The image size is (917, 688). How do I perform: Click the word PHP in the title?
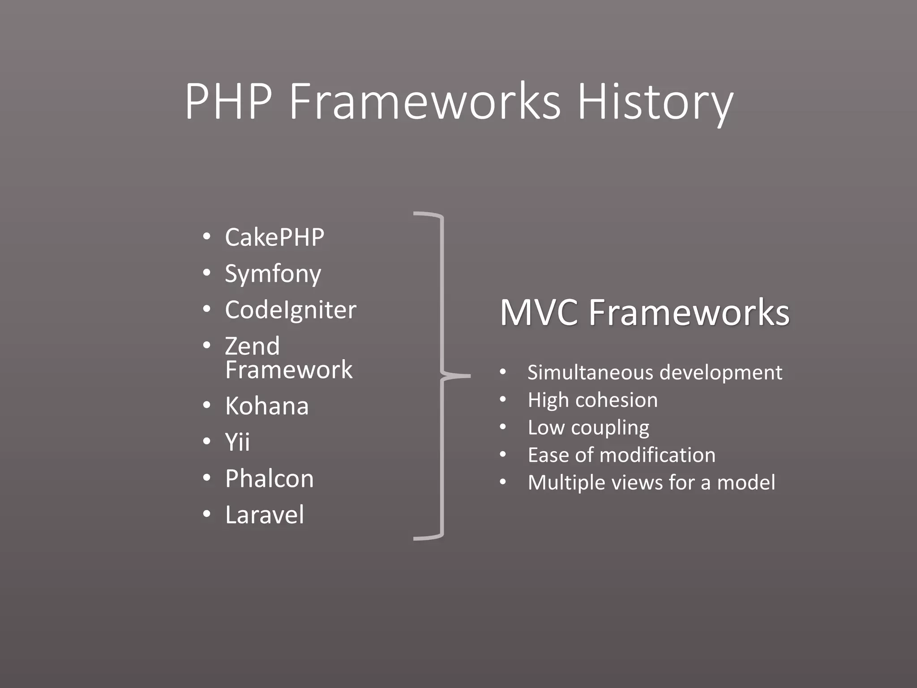pos(229,102)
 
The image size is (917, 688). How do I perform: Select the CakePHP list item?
pos(274,237)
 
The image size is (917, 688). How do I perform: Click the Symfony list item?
pos(273,274)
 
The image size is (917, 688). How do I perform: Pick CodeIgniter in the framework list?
pos(291,310)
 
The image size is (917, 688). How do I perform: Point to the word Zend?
pos(252,346)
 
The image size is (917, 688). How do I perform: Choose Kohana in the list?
pos(267,406)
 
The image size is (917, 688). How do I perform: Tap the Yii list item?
pos(237,442)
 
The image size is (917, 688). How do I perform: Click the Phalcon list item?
pos(270,478)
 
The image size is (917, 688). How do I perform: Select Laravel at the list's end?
pos(265,515)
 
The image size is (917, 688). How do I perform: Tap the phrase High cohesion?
pos(592,400)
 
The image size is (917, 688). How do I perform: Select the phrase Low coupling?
pos(588,428)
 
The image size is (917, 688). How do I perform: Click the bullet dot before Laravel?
pos(206,515)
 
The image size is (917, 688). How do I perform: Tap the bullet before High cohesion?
pos(503,400)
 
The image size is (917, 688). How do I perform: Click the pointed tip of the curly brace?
pos(469,376)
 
